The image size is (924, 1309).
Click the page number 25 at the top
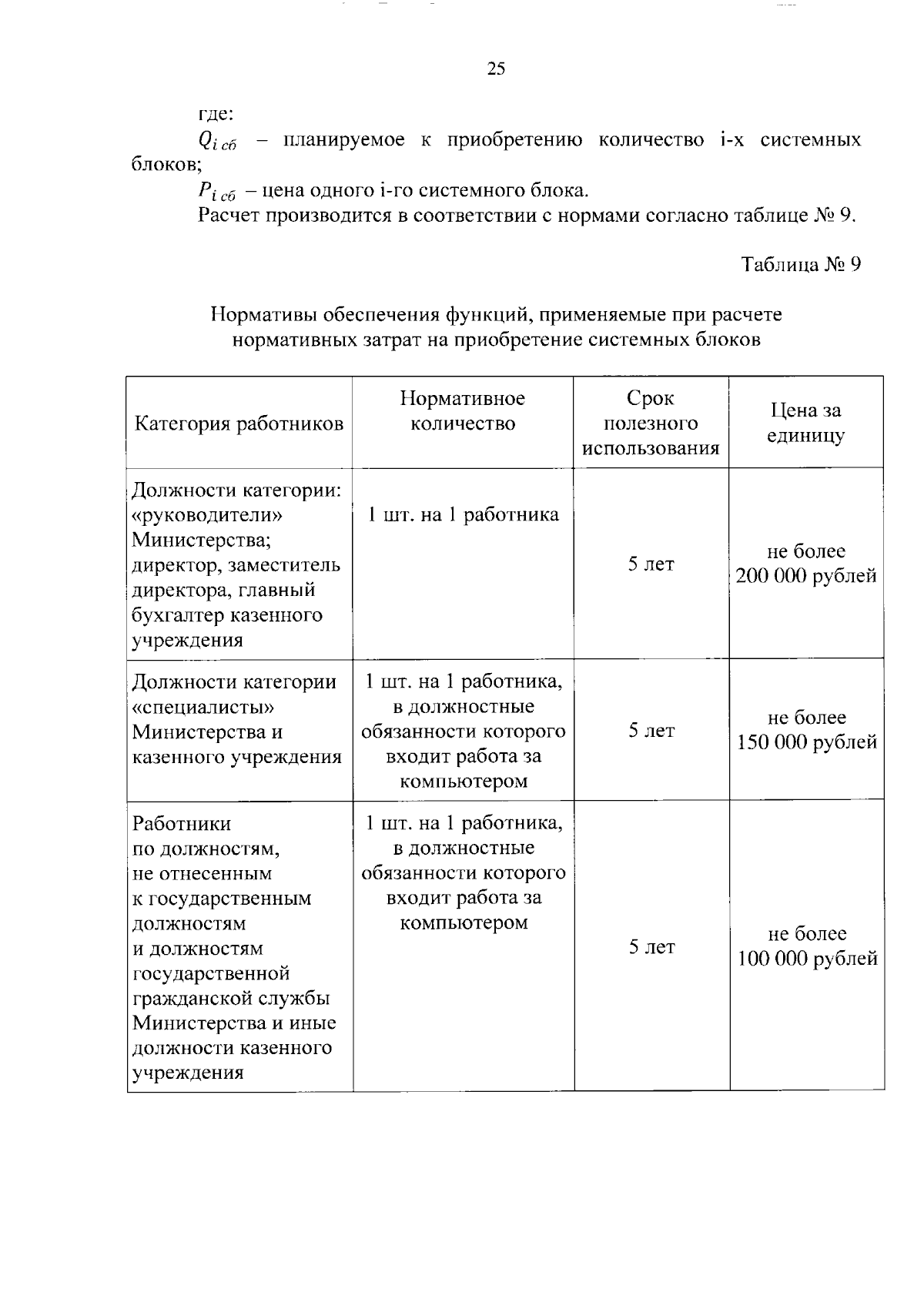[x=496, y=69]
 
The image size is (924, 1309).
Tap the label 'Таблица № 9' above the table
[x=800, y=265]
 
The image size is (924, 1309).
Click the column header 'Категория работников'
[x=239, y=423]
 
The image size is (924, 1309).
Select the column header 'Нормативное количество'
[x=462, y=410]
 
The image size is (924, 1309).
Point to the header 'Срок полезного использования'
[x=651, y=423]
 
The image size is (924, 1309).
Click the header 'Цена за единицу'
[x=805, y=423]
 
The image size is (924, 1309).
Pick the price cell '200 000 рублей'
[x=805, y=576]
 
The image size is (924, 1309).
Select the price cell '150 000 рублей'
[x=807, y=742]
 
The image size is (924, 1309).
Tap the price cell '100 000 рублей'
[x=807, y=959]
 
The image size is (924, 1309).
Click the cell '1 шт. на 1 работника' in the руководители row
[x=463, y=514]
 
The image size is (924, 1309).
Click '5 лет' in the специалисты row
[x=651, y=730]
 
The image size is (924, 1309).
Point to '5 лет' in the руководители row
[x=651, y=564]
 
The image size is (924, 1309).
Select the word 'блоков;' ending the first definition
[x=165, y=164]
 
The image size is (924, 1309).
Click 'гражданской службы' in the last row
[x=231, y=998]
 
